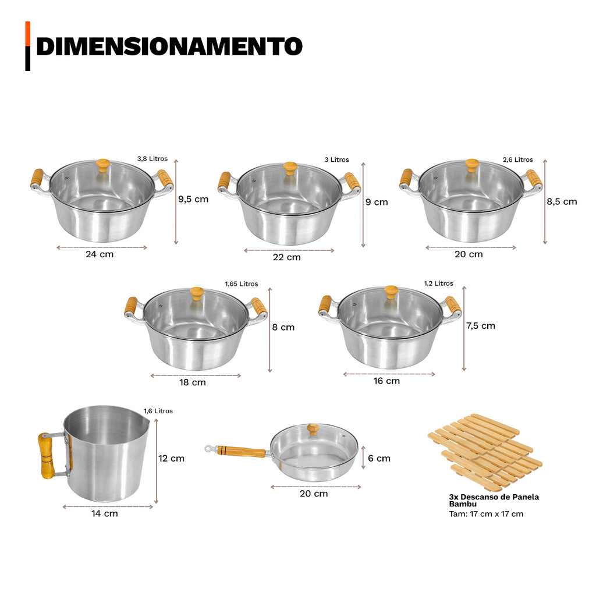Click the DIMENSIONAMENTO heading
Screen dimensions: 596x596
pyautogui.click(x=169, y=47)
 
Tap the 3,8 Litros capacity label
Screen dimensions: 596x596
pyautogui.click(x=152, y=159)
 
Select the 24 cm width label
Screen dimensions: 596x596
pyautogui.click(x=100, y=254)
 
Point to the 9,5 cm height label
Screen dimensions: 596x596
pyautogui.click(x=193, y=199)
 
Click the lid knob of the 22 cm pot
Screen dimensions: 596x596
pyautogui.click(x=290, y=168)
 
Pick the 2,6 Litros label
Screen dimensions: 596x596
pyautogui.click(x=517, y=159)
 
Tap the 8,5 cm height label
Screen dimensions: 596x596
pyautogui.click(x=562, y=202)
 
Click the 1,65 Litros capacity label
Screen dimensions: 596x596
pyautogui.click(x=242, y=284)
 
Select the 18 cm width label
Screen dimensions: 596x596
pyautogui.click(x=193, y=382)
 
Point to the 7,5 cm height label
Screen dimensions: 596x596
pyautogui.click(x=481, y=326)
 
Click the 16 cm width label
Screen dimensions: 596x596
pyautogui.click(x=386, y=381)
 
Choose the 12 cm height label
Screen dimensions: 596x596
pyautogui.click(x=172, y=459)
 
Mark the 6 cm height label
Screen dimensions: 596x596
pyautogui.click(x=379, y=459)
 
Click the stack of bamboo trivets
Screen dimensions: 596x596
pyautogui.click(x=485, y=452)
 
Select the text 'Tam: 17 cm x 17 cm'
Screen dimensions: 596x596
pyautogui.click(x=486, y=515)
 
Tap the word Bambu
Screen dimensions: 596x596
pyautogui.click(x=463, y=505)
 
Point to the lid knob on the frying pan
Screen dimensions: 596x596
pyautogui.click(x=313, y=429)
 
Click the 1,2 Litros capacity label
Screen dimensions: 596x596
pyautogui.click(x=439, y=283)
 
